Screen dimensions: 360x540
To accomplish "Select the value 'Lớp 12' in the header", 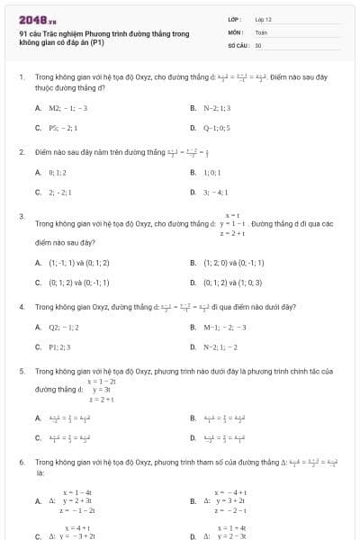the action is point(263,19).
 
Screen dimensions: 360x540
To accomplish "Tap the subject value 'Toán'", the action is point(261,31).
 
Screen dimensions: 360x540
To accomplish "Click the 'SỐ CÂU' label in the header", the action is point(238,44).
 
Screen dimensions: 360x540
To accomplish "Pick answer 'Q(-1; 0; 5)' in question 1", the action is point(217,128).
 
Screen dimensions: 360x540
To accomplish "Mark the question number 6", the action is point(21,462).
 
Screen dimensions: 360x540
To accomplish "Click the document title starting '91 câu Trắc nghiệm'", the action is point(103,38).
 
